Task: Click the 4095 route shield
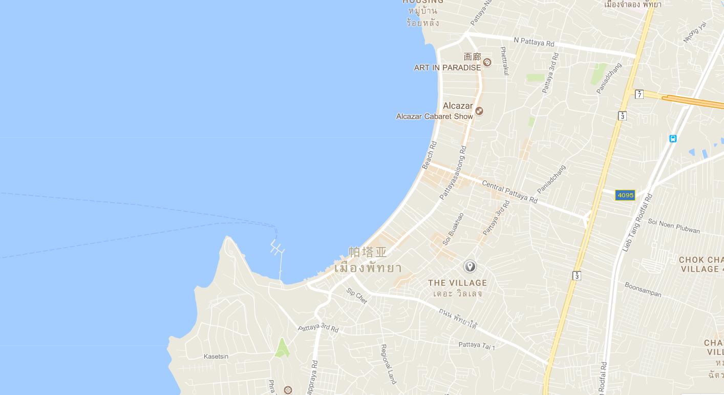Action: pos(625,195)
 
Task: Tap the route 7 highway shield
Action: pos(639,94)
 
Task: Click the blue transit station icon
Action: pos(673,139)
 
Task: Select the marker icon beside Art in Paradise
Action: pos(487,63)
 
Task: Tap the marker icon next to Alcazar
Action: pos(479,111)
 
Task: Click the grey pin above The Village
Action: pos(470,266)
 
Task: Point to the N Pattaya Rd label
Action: pos(534,41)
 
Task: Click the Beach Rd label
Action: pos(429,155)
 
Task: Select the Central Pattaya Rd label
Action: pos(509,192)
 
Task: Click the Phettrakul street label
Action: pos(504,61)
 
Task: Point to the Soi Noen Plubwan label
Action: pos(673,226)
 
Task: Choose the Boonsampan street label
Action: pos(643,290)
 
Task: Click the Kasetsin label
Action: pos(216,357)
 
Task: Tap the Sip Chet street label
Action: pos(357,296)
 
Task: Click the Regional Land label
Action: pos(388,364)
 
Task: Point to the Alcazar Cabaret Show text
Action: pos(434,117)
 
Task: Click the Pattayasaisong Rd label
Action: pos(453,173)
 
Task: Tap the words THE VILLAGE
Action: pos(457,283)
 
